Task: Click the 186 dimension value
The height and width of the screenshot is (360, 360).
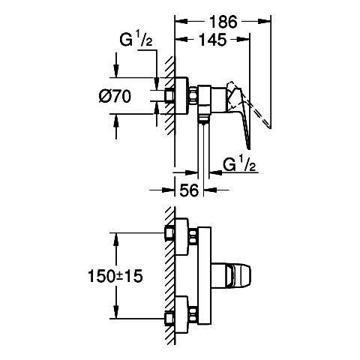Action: click(x=223, y=22)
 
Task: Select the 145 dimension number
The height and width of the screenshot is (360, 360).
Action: click(x=212, y=39)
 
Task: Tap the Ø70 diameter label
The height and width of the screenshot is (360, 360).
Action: click(x=115, y=96)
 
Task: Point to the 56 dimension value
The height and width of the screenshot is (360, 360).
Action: click(x=189, y=190)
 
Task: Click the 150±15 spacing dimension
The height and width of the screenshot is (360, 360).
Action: click(x=115, y=276)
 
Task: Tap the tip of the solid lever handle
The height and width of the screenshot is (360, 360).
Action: click(x=249, y=149)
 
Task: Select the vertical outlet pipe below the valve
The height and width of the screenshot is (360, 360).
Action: click(x=204, y=150)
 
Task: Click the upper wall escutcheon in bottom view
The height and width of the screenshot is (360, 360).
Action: click(x=181, y=236)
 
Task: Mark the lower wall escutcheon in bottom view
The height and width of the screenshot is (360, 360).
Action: click(x=181, y=315)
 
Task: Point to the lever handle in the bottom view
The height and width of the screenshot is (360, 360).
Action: click(x=231, y=275)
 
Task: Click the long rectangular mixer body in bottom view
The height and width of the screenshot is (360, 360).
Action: click(x=204, y=276)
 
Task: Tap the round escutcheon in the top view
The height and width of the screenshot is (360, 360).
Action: click(x=181, y=96)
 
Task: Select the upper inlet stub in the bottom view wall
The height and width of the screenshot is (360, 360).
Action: click(x=169, y=233)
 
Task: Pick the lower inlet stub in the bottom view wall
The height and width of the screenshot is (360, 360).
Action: click(x=169, y=318)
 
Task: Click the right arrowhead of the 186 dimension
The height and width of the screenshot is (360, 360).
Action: click(x=265, y=22)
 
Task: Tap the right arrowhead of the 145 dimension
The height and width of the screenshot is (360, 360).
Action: click(x=243, y=39)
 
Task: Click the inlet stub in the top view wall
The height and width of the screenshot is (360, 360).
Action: click(x=169, y=96)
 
